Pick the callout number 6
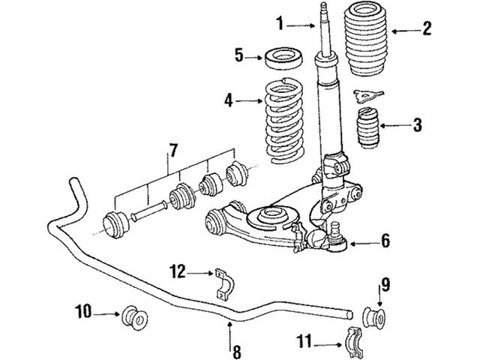pos(385,241)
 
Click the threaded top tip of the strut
pos(328,10)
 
